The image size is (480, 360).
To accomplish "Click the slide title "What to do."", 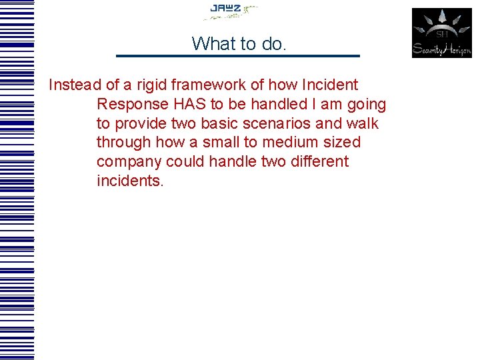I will (239, 43).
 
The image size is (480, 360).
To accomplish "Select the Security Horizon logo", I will (441, 33).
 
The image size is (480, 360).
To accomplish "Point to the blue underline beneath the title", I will (237, 55).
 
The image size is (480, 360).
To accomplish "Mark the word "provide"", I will (140, 124).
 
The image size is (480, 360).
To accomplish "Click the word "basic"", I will (230, 124).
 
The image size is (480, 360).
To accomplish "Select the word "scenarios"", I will (293, 124).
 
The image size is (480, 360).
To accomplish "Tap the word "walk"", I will (363, 124).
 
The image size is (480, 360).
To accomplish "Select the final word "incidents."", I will (130, 181).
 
